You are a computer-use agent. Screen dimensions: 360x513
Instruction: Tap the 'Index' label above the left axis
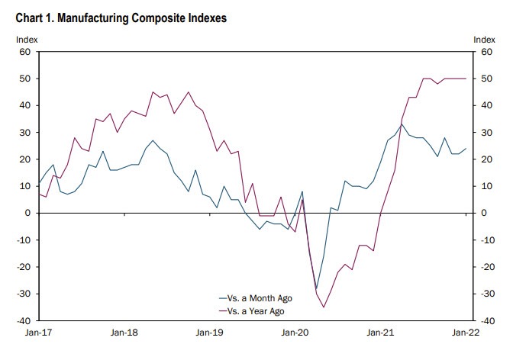coord(26,39)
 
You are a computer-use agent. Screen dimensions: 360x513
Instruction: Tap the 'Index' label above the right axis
coord(484,39)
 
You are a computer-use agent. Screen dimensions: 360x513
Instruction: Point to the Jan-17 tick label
coord(39,333)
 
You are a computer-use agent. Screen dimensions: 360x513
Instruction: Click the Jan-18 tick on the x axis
coord(124,333)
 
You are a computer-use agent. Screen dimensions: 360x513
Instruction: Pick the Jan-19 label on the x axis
coord(210,333)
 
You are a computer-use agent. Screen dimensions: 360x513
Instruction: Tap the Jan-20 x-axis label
coord(295,333)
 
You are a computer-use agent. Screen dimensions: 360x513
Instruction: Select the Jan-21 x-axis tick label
coord(381,333)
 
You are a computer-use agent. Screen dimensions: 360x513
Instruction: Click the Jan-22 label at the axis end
coord(466,333)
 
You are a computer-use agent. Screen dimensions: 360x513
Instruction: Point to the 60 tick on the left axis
coord(24,52)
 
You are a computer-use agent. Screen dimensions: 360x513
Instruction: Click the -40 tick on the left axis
coord(23,320)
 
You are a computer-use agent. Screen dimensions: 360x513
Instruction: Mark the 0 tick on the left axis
coord(27,213)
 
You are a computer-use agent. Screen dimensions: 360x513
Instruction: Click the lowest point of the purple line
coord(324,307)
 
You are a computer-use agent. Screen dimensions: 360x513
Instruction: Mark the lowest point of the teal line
coord(316,289)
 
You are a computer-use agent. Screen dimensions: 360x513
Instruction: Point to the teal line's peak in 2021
coord(402,124)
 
